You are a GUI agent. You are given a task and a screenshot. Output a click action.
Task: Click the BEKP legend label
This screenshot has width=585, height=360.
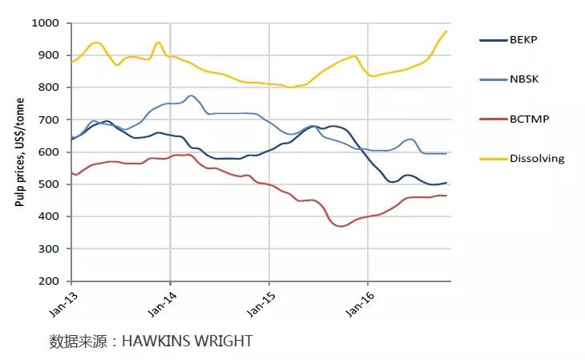[x=524, y=40]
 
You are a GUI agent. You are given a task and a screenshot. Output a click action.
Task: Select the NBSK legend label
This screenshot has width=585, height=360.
[x=524, y=79]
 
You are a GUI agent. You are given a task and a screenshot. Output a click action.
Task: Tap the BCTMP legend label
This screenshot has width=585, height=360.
[x=529, y=119]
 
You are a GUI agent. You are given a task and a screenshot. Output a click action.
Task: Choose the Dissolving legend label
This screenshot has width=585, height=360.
[x=537, y=158]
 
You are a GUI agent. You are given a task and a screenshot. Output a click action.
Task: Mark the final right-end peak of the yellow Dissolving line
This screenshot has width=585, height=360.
[x=446, y=31]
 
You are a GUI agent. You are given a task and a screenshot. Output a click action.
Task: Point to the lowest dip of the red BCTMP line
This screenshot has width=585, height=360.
[x=342, y=226]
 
